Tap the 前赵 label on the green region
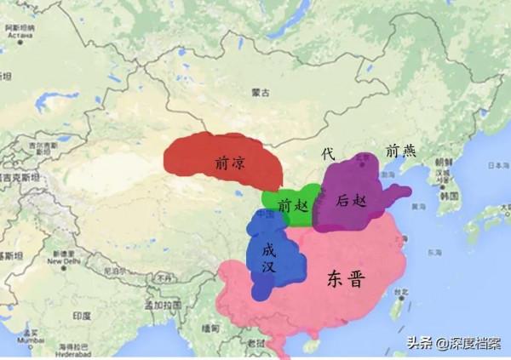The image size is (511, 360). pos(290,205)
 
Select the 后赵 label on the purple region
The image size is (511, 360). pos(351,200)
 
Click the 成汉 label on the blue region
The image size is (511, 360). pos(269,258)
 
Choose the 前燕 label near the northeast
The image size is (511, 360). pos(400,151)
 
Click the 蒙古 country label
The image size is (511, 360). pos(261,92)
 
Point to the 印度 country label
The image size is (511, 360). pos(81,315)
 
